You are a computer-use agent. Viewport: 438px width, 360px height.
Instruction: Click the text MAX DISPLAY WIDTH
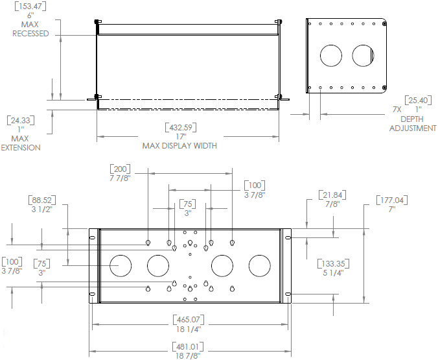179,146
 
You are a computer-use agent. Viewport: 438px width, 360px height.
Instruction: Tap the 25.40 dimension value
417,100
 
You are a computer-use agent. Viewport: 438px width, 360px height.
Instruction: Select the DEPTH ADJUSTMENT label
413,124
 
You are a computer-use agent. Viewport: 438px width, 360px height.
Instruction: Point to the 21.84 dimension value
331,195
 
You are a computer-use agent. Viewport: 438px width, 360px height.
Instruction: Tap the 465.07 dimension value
187,319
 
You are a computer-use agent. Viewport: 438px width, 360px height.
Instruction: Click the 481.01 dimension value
187,346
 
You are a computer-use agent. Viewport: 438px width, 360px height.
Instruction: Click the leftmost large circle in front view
120,266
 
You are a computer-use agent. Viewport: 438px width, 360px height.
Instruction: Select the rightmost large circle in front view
259,266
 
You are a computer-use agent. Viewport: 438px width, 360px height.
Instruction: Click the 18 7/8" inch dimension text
187,355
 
